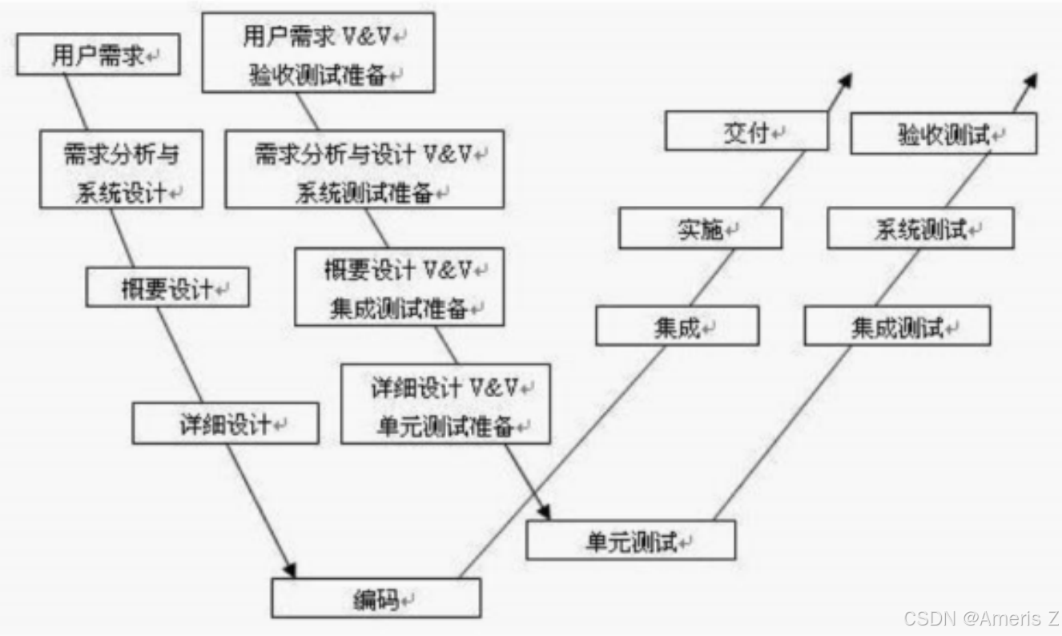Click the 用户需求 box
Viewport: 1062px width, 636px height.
(98, 55)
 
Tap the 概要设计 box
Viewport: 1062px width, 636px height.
(167, 288)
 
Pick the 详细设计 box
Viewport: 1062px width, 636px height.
(225, 423)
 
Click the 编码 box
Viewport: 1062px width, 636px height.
(376, 598)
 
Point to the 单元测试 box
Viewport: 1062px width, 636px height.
(630, 540)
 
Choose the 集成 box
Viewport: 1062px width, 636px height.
(677, 326)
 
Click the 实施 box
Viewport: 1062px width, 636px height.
(700, 229)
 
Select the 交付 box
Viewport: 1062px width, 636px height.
(746, 131)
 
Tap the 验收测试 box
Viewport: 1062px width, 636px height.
(943, 134)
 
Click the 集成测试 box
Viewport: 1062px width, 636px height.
(897, 326)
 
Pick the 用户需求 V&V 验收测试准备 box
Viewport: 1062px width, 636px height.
(318, 52)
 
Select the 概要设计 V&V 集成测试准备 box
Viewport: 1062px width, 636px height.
(399, 286)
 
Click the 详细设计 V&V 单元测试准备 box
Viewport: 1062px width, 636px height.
(445, 404)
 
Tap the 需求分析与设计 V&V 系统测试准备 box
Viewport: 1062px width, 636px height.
(364, 169)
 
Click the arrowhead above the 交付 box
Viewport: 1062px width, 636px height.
(844, 81)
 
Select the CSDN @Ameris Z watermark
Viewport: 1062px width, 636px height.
(980, 618)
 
